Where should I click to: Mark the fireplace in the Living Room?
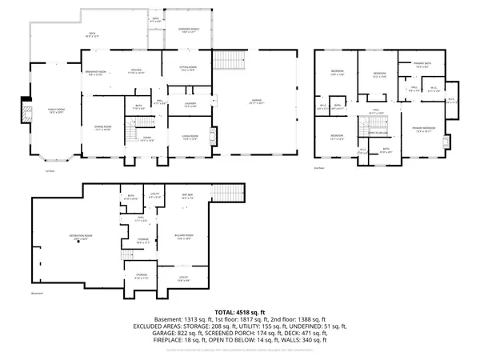[x=211, y=134]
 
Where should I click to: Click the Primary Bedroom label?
[x=424, y=129]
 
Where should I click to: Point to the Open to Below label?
[x=378, y=133]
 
